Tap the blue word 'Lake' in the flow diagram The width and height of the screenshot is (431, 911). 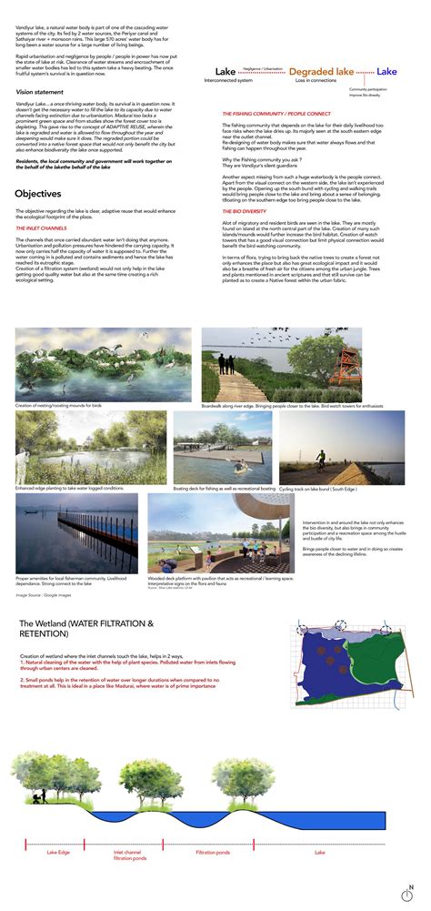click(x=386, y=71)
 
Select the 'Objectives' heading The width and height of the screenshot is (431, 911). click(x=38, y=194)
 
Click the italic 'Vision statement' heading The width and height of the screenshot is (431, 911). click(x=41, y=92)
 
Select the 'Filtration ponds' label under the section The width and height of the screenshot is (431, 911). click(x=213, y=854)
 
